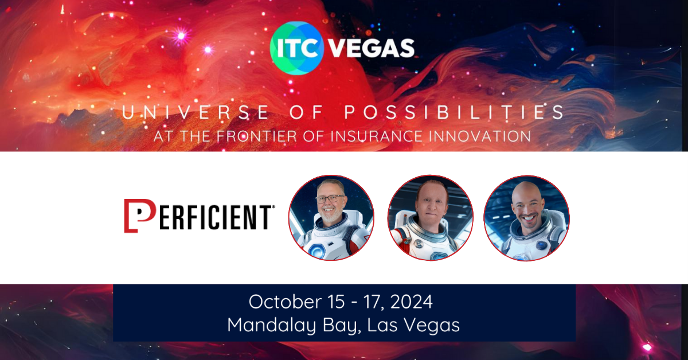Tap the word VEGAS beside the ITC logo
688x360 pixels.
(x=371, y=48)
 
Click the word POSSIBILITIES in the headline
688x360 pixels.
(x=454, y=113)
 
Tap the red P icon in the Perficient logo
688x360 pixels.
(x=138, y=216)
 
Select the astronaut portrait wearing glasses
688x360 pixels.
(x=331, y=218)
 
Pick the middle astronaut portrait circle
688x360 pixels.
(x=431, y=218)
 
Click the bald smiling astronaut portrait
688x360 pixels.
(x=526, y=218)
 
